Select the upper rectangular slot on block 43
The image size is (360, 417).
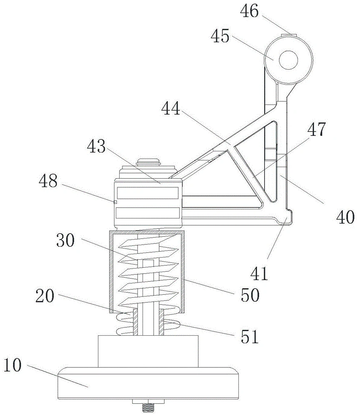(x=147, y=193)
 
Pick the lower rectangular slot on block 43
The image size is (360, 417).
(x=147, y=213)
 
